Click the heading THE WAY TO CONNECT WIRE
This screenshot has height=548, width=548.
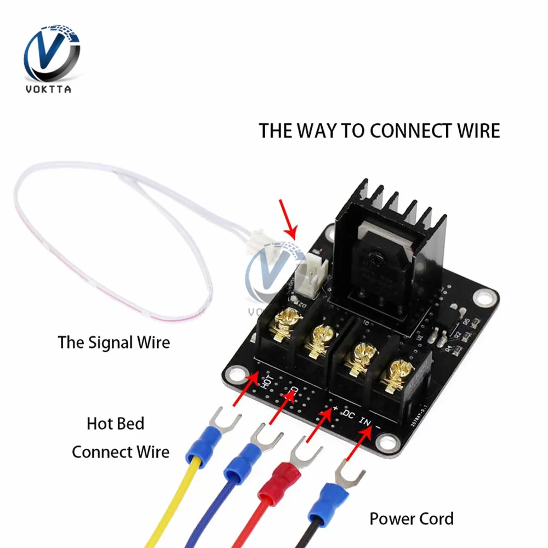click(x=379, y=131)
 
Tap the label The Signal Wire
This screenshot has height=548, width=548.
click(x=114, y=342)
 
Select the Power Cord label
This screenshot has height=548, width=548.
click(x=412, y=518)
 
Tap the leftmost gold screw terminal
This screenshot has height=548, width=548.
click(x=288, y=323)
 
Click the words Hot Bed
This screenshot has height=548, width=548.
click(x=116, y=424)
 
